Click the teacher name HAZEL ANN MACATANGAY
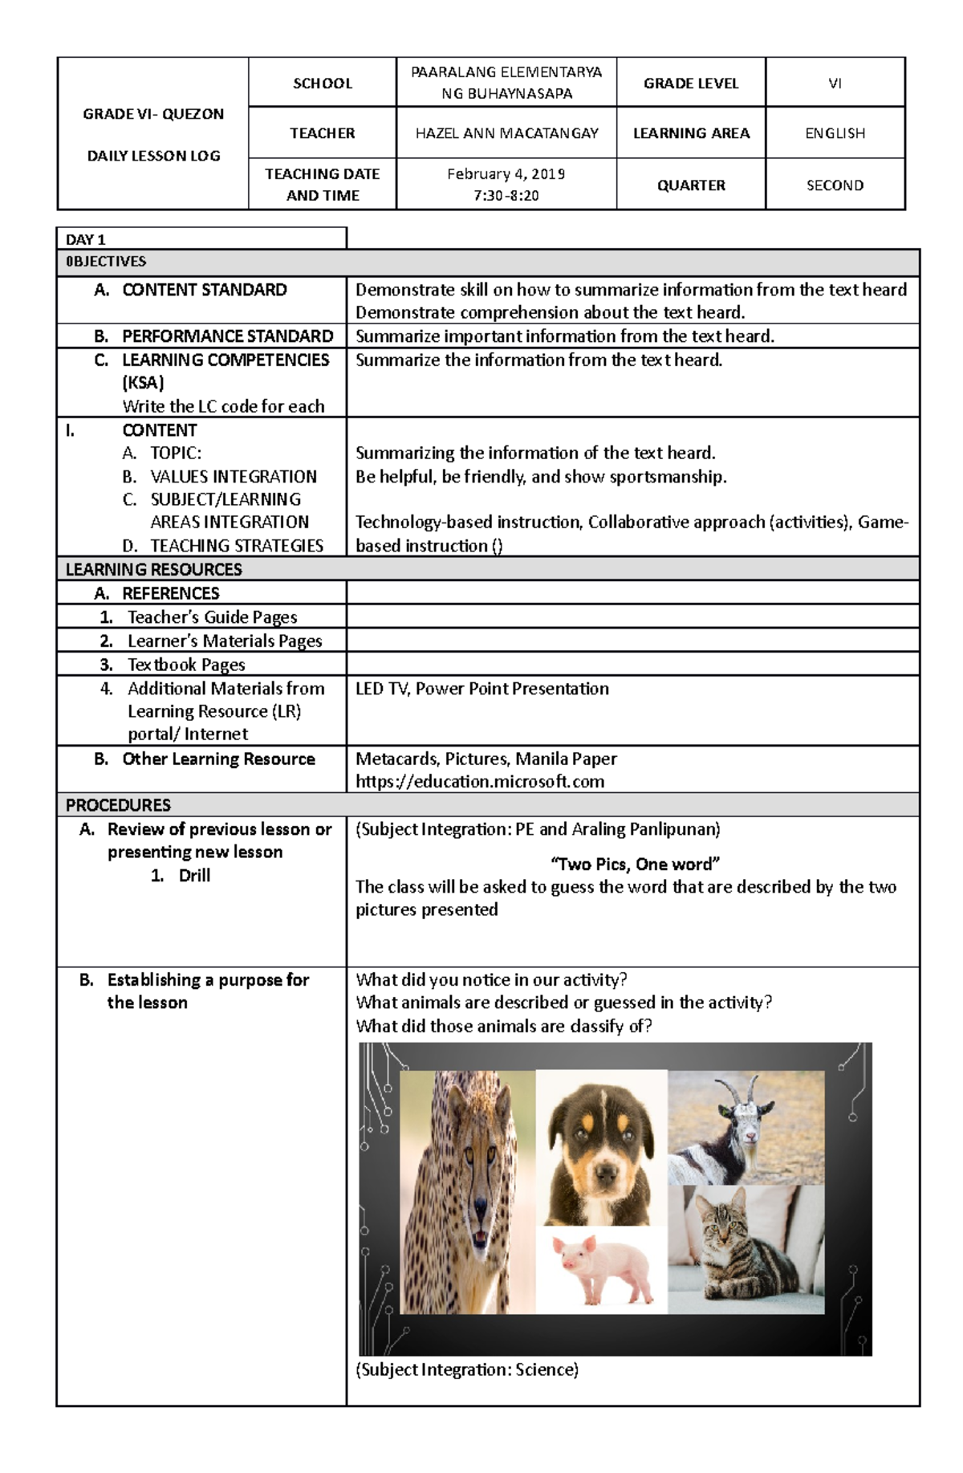click(506, 133)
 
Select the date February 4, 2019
click(506, 174)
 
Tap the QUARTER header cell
click(691, 185)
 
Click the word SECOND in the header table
click(835, 185)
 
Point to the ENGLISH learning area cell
click(835, 133)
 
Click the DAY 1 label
click(86, 239)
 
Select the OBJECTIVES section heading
click(106, 262)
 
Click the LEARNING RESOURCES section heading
click(154, 569)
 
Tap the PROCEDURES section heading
click(118, 805)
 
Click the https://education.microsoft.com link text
click(480, 782)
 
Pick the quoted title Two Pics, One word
click(634, 865)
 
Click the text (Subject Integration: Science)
click(467, 1369)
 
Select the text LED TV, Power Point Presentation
click(481, 689)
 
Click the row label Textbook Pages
click(186, 665)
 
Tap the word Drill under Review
click(194, 876)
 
